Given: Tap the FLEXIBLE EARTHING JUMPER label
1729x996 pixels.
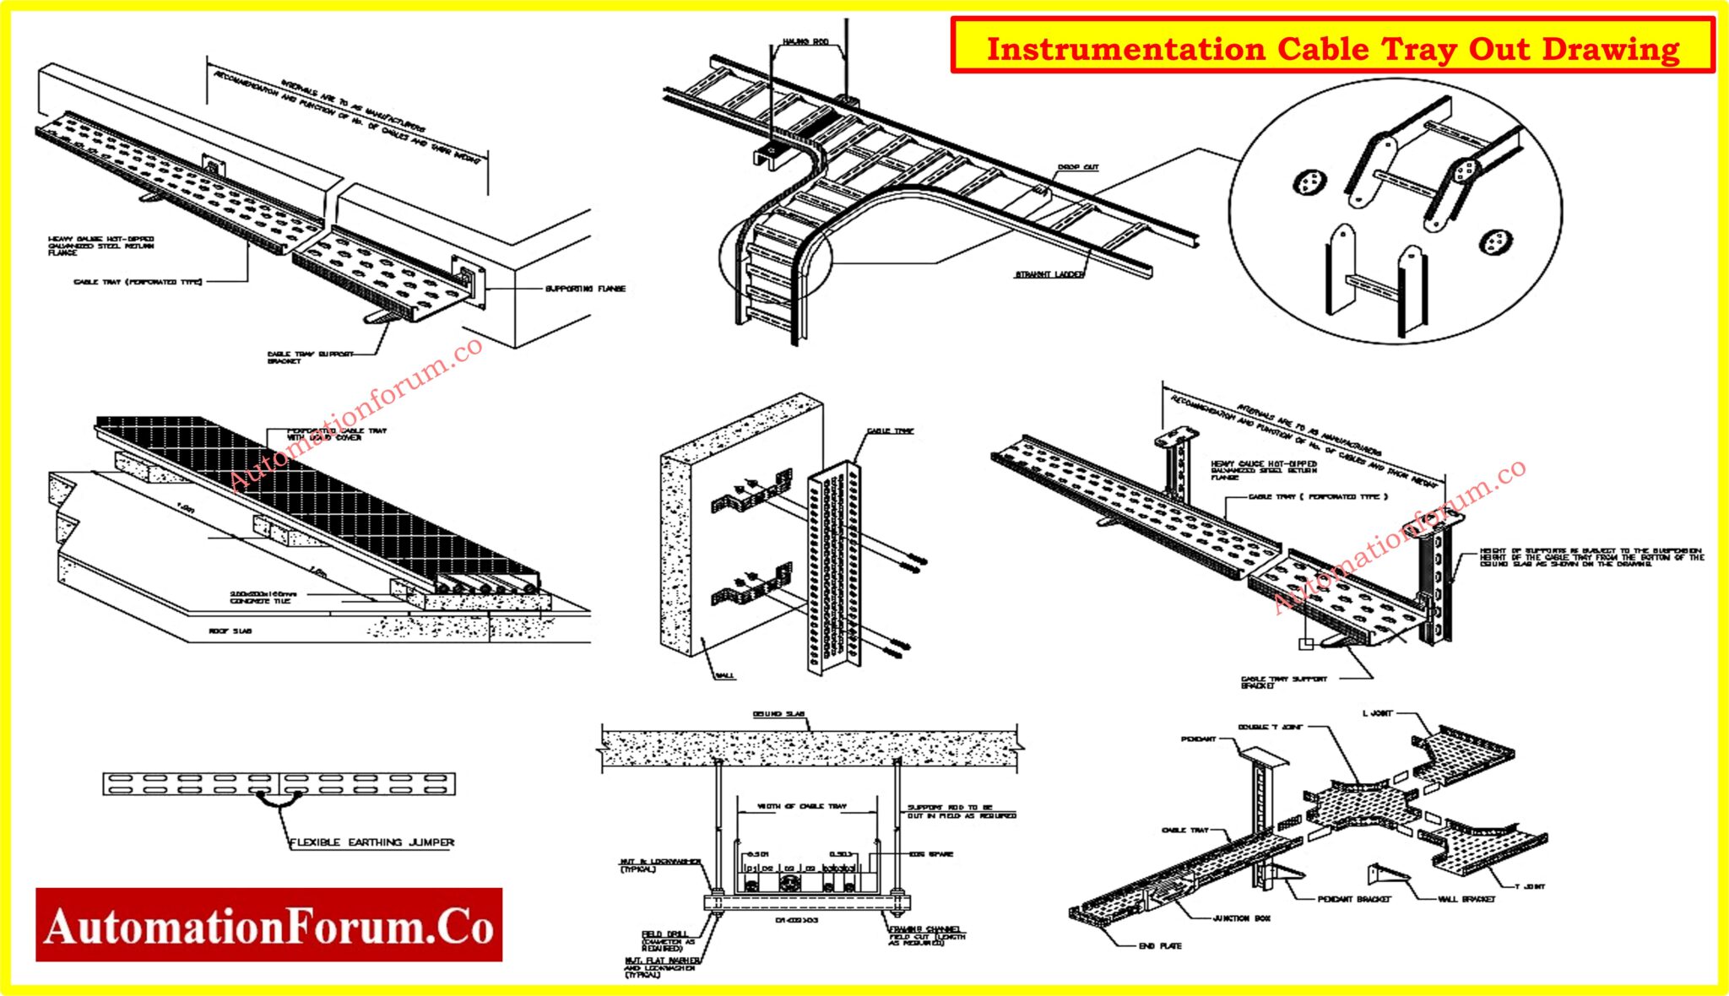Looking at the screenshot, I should click(x=371, y=842).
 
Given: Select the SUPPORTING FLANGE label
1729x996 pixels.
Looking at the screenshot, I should click(x=585, y=289).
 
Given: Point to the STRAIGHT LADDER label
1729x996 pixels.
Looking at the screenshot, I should click(x=1049, y=274).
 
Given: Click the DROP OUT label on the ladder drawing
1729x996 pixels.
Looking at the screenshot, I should click(x=1078, y=167).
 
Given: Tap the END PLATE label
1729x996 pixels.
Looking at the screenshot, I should click(x=1160, y=945).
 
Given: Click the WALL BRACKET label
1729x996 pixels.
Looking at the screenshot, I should click(x=1466, y=899).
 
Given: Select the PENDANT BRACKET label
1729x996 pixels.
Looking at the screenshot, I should click(x=1354, y=899).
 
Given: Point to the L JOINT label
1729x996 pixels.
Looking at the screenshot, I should click(x=1377, y=713).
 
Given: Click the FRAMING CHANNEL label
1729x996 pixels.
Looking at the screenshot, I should click(x=924, y=928).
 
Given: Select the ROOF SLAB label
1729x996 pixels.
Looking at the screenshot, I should click(x=230, y=631).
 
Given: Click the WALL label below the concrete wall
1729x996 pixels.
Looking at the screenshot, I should click(x=725, y=675).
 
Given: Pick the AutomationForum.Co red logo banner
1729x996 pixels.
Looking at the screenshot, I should click(x=268, y=924).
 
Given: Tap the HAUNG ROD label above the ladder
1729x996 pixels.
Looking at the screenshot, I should click(x=805, y=41).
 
